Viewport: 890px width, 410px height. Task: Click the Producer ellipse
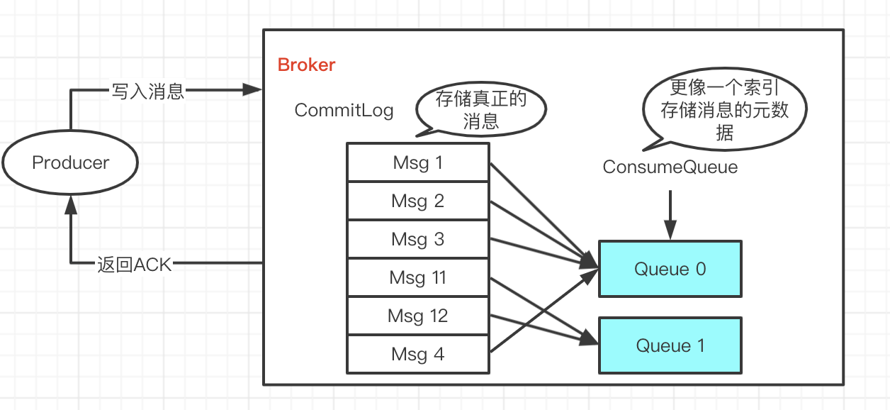(x=70, y=162)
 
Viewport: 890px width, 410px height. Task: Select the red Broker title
(x=306, y=65)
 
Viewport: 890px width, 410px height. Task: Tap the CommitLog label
(x=344, y=111)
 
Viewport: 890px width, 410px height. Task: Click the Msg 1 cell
(x=417, y=162)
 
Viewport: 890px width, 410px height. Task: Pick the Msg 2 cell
(x=417, y=201)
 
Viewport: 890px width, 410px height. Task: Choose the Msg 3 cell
(x=417, y=239)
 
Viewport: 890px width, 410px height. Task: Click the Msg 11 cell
(x=417, y=277)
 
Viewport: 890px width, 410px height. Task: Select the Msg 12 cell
(x=417, y=316)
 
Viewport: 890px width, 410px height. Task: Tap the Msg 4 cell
(x=417, y=354)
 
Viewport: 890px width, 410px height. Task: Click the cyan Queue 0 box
(x=670, y=269)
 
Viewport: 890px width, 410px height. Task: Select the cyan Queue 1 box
(x=670, y=345)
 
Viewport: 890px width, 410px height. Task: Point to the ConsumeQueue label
(x=670, y=167)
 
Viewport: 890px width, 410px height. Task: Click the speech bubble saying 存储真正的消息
(x=481, y=110)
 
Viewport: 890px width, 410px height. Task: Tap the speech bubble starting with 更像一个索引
(x=724, y=110)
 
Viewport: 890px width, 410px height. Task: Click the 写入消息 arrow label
(x=147, y=91)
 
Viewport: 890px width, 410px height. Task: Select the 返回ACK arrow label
(x=135, y=264)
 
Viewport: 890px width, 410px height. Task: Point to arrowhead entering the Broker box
(x=253, y=90)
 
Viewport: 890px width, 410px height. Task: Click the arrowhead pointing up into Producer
(x=70, y=205)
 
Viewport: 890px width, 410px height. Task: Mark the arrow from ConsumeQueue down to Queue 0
(x=670, y=213)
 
